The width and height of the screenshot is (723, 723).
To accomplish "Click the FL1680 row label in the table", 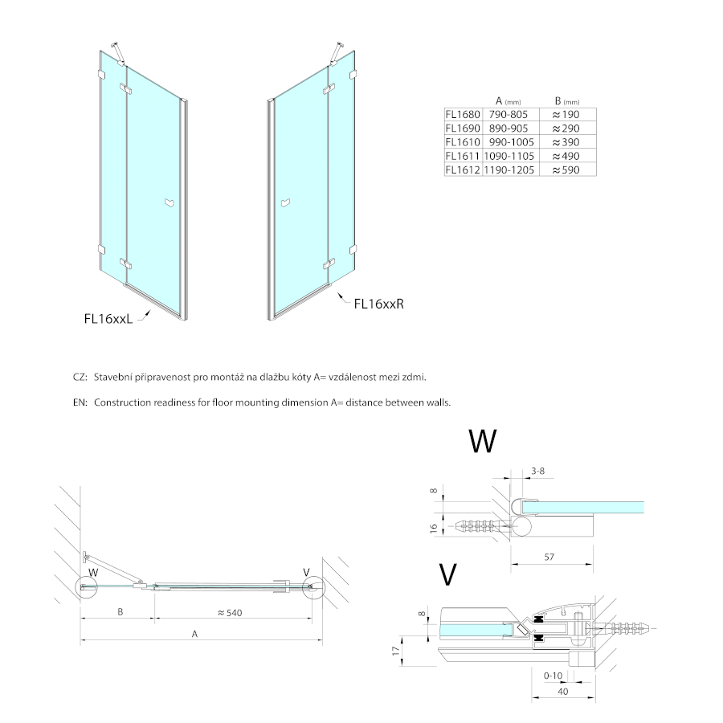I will [462, 115].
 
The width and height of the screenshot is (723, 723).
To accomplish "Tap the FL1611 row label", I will [462, 156].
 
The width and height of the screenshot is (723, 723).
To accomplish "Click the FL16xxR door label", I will [378, 304].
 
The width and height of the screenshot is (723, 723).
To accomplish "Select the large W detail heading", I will [482, 441].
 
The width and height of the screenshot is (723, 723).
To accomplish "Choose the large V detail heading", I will [448, 575].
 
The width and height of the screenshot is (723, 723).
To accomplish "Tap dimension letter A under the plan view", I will [194, 634].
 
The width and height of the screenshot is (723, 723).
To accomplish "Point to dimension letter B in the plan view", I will [119, 613].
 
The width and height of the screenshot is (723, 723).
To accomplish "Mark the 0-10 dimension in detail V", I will [553, 676].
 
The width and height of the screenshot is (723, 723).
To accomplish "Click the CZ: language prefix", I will [79, 377].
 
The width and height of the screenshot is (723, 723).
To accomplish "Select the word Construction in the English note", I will [122, 402].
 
